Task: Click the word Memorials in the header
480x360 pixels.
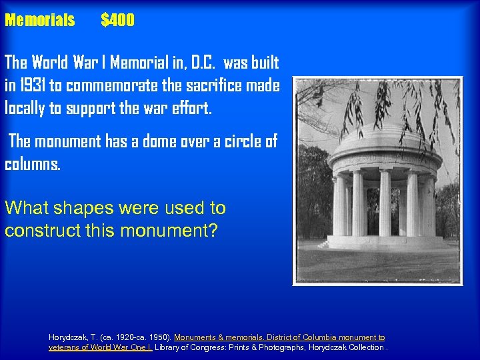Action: (x=39, y=20)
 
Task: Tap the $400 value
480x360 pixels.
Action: (x=117, y=20)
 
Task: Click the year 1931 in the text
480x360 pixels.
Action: (x=35, y=86)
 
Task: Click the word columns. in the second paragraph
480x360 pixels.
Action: (x=33, y=164)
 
